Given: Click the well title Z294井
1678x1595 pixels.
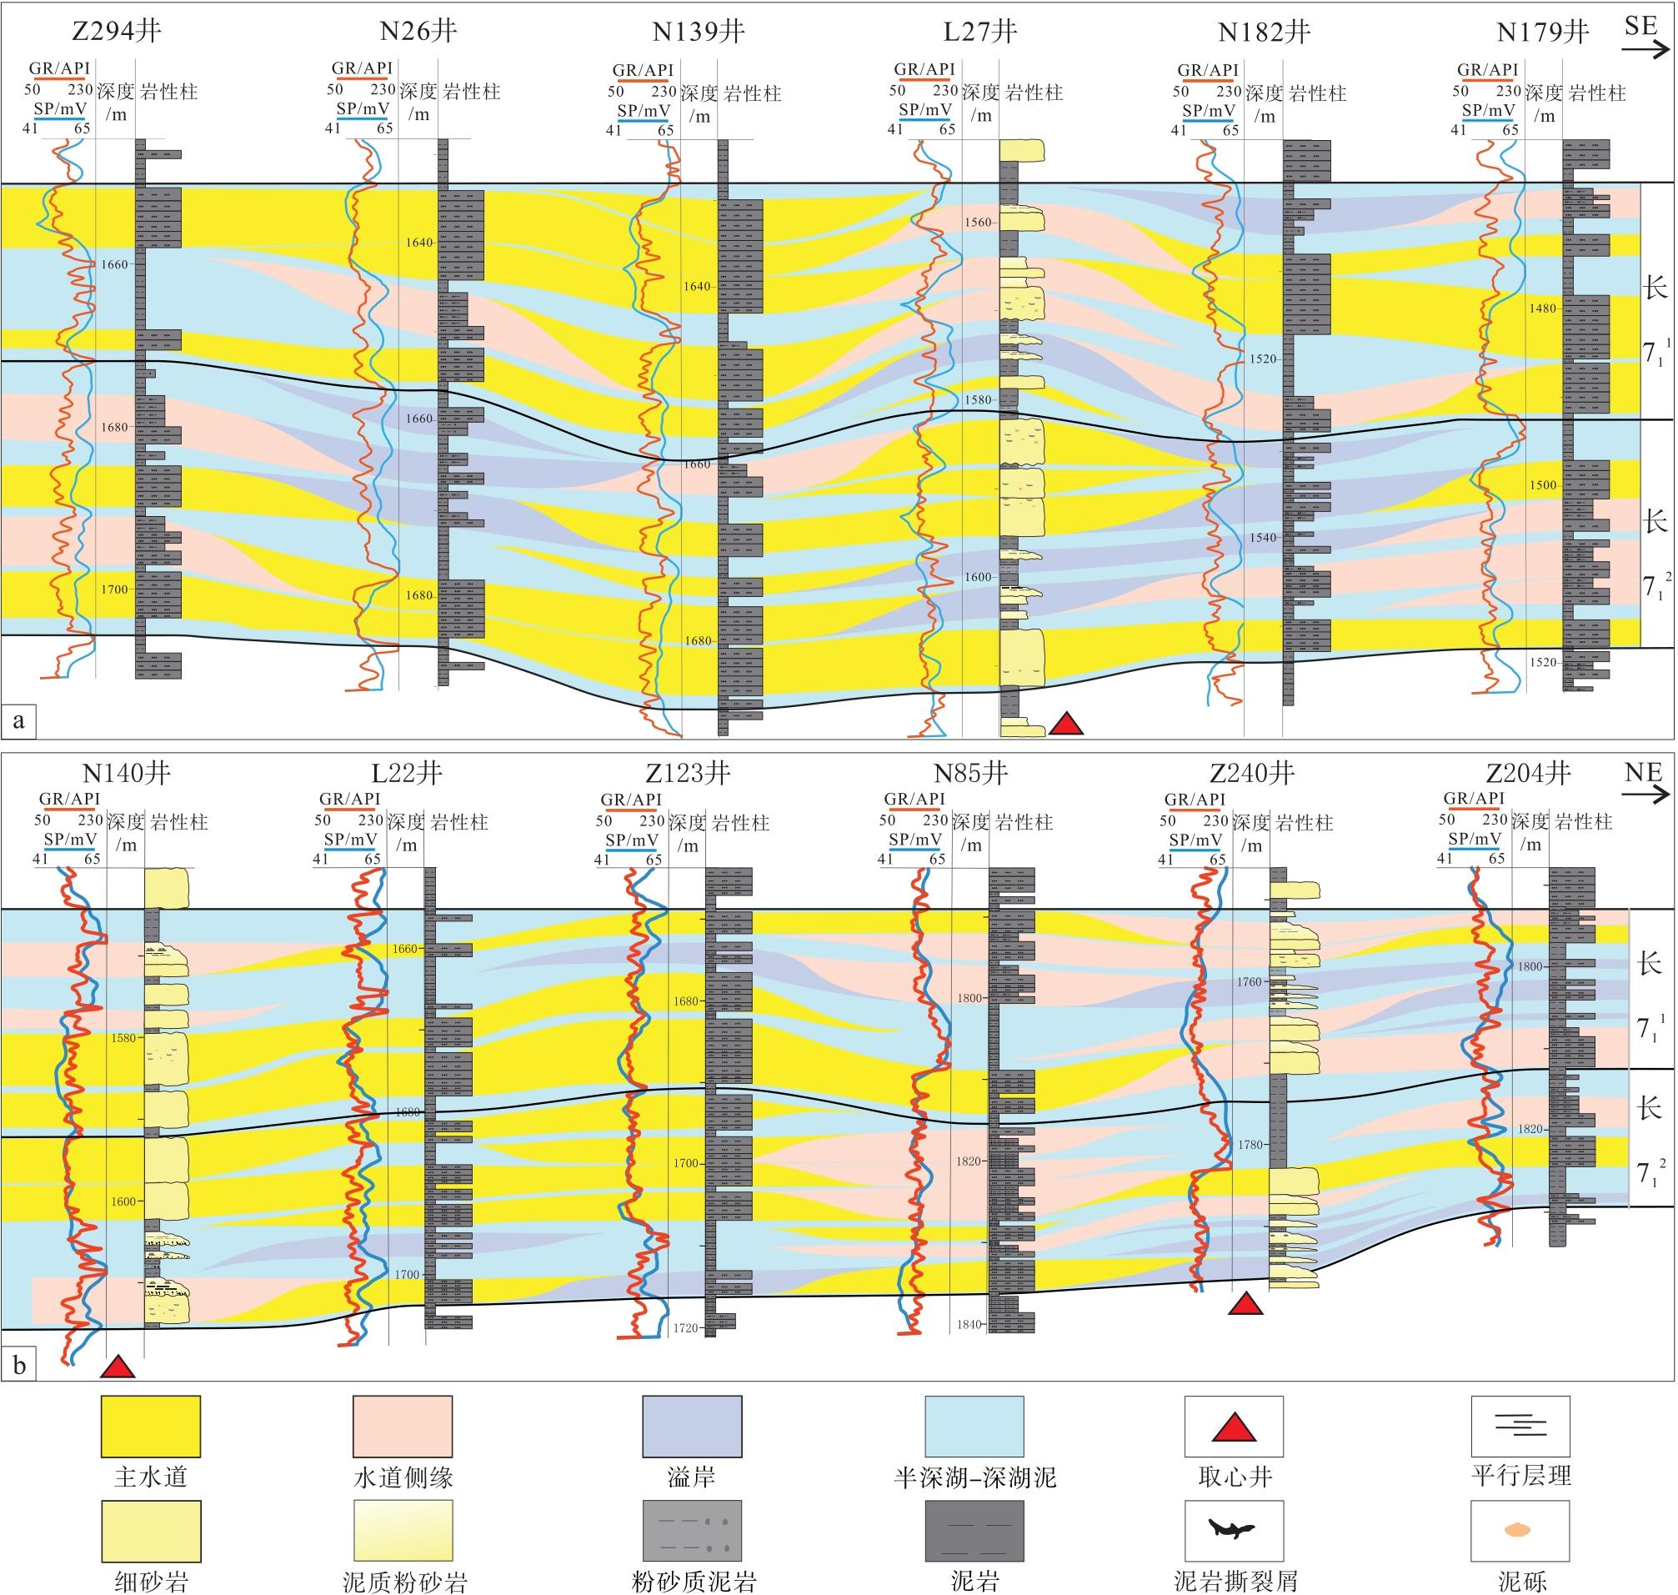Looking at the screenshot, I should (117, 32).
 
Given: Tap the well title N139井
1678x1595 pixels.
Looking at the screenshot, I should (698, 33).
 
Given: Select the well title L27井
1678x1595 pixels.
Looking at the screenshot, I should (980, 33).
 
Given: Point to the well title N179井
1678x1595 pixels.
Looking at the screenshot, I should (1542, 33).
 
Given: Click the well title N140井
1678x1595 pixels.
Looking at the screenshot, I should (127, 773).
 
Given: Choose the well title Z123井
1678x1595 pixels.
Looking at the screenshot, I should (688, 773).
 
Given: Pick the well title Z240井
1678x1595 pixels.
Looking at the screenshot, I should (1252, 773).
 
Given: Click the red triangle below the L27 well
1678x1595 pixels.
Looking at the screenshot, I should (1066, 724).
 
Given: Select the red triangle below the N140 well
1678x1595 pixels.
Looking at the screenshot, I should (118, 1367).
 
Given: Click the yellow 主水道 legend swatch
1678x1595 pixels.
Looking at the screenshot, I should (150, 1427).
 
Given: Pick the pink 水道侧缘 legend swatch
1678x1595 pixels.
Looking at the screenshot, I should (402, 1427).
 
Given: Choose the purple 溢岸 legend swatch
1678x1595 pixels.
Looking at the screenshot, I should (692, 1427).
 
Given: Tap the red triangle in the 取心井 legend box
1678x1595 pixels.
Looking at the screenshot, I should (1235, 1429).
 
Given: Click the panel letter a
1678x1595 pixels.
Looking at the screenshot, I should (18, 722).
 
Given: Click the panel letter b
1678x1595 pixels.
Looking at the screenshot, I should (18, 1367).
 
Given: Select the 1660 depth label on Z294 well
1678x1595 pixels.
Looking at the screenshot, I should (114, 264).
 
